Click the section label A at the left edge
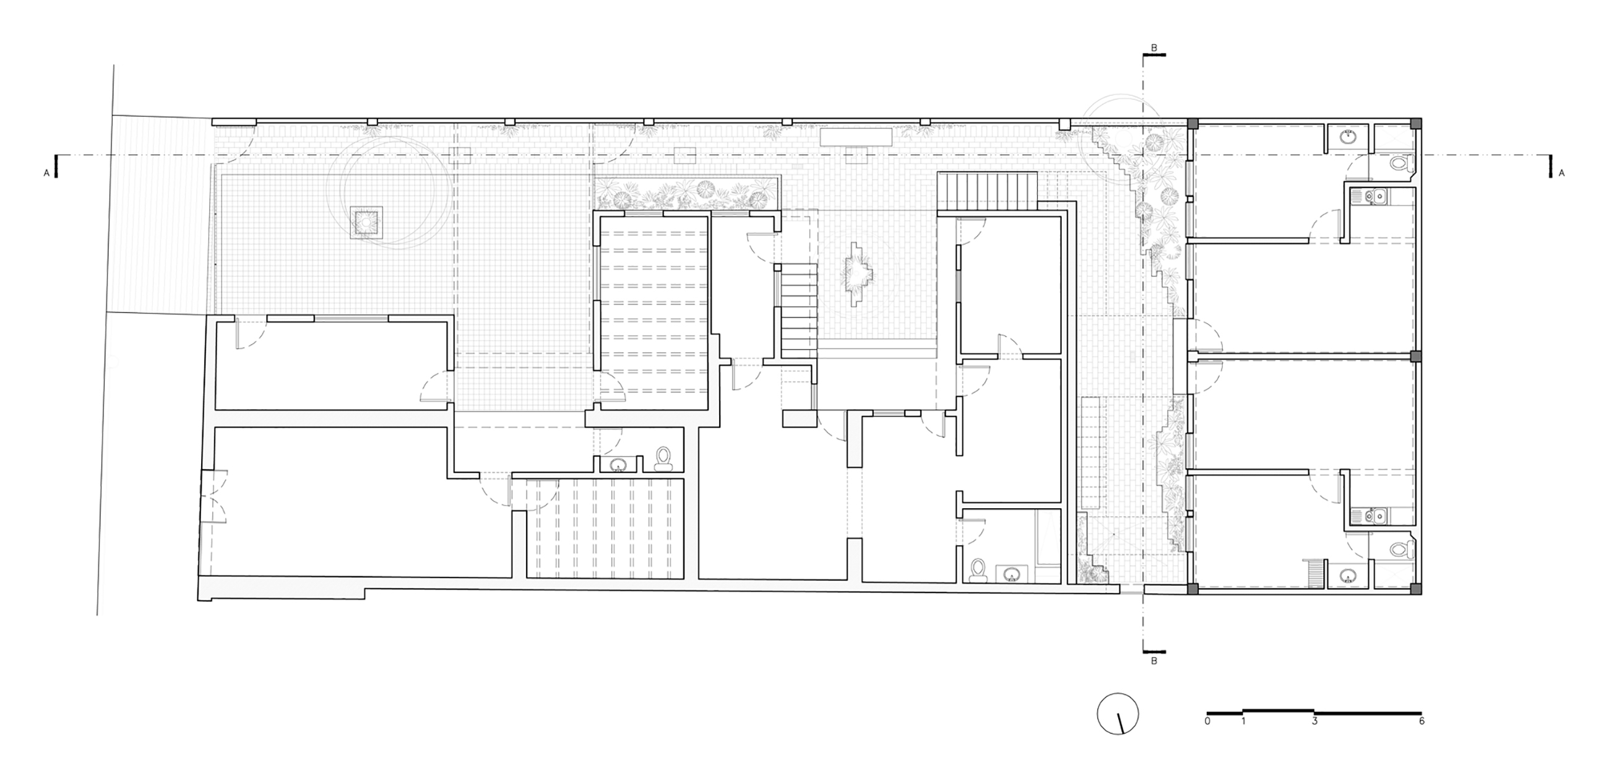(46, 173)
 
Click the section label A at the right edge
(1561, 173)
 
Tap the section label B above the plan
(1154, 48)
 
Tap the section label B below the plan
(1154, 661)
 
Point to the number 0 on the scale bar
(1207, 721)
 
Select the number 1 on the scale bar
(1243, 721)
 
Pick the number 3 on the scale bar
(1314, 721)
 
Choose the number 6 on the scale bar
(1421, 721)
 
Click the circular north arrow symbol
(1118, 714)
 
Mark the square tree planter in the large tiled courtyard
(364, 222)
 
